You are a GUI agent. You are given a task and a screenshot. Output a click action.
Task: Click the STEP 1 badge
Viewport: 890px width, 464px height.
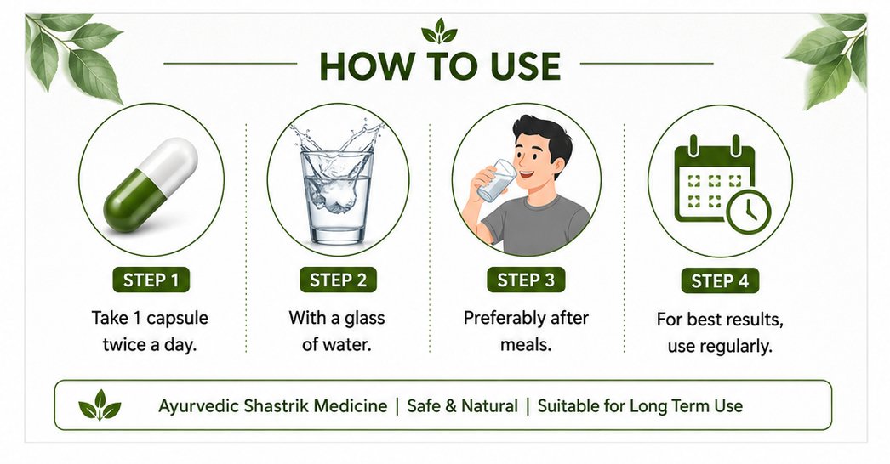point(151,280)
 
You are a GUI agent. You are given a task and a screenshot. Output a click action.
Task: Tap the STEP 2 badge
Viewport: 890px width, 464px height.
point(338,280)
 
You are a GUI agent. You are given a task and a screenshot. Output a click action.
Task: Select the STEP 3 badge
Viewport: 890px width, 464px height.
point(526,280)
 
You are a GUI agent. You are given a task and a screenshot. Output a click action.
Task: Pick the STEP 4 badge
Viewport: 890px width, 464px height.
point(720,280)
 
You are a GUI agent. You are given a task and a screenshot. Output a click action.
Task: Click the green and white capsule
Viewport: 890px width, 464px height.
point(151,185)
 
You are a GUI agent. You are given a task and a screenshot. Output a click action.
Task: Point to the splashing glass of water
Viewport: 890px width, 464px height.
point(337,184)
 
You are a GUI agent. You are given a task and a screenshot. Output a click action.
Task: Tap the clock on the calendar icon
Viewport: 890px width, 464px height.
point(749,211)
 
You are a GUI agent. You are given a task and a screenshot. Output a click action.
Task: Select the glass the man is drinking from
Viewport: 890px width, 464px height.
point(497,180)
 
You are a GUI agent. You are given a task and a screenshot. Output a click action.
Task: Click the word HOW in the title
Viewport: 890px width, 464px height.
point(363,65)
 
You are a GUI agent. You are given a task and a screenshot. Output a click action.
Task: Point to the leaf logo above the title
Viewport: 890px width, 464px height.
point(439,31)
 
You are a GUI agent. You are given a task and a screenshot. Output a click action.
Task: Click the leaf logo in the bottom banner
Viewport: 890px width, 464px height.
point(100,405)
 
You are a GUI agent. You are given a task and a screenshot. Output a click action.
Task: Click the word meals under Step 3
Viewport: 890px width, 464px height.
point(526,344)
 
